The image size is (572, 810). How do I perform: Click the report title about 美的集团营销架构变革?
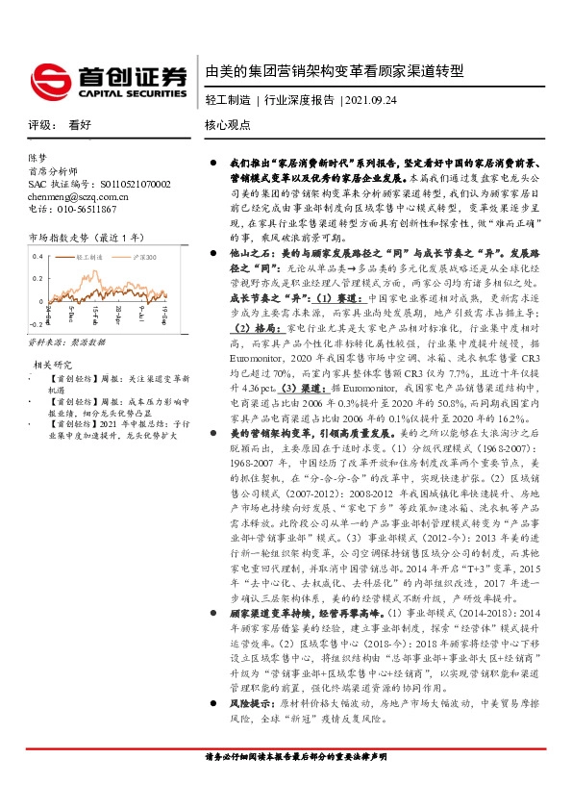tap(335, 72)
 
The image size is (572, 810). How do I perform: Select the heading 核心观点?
tap(228, 126)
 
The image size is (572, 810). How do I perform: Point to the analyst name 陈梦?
tap(37, 156)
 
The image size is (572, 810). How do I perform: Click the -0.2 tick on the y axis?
tap(36, 326)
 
